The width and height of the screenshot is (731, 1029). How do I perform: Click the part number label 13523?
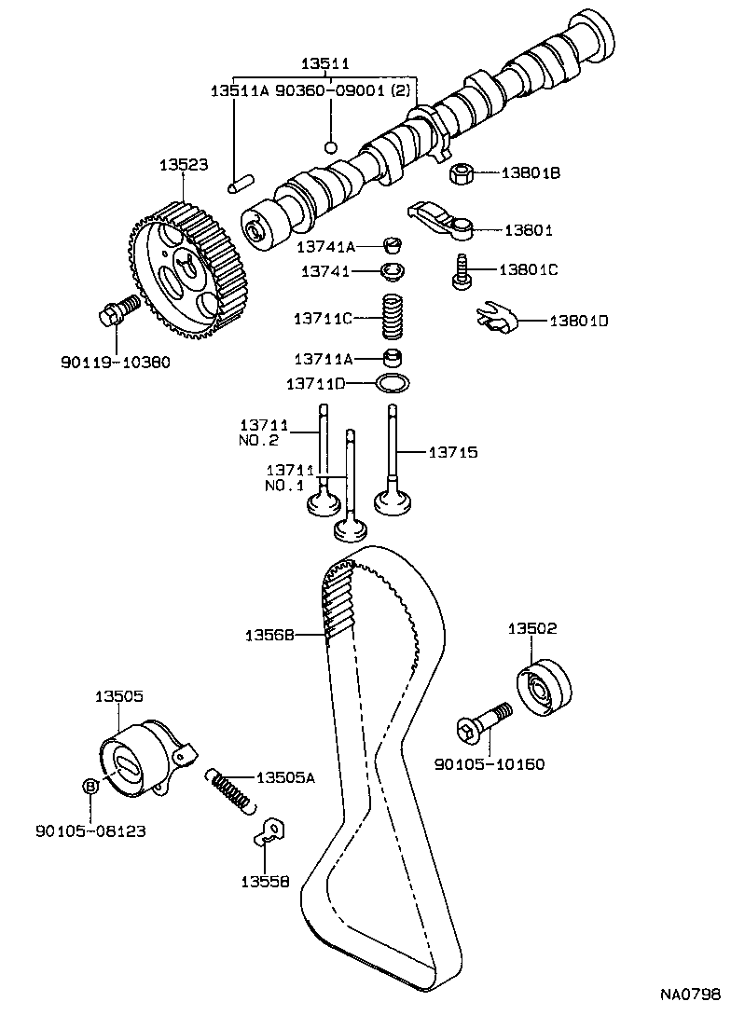(x=183, y=165)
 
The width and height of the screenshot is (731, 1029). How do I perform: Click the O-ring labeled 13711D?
(x=392, y=382)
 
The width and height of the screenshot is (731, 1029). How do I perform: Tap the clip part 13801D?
(x=493, y=319)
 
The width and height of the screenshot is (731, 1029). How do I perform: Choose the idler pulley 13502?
(x=543, y=688)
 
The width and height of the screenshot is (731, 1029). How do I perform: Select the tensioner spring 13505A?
(x=229, y=789)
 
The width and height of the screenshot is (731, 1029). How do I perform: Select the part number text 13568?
(x=269, y=635)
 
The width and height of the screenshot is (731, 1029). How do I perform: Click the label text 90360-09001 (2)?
(x=344, y=90)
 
